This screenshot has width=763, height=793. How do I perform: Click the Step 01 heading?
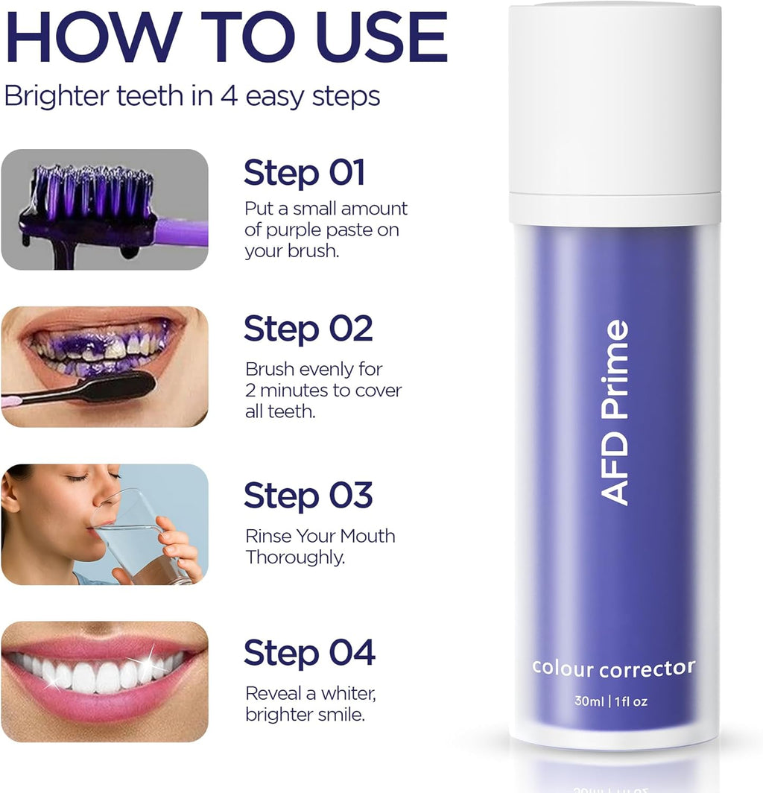(x=304, y=173)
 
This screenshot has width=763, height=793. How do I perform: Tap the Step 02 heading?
(x=308, y=329)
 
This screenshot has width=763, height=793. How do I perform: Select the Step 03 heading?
(x=308, y=496)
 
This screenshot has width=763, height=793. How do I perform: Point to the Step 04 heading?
(x=309, y=653)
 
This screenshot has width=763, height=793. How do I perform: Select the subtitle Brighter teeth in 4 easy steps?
(x=192, y=96)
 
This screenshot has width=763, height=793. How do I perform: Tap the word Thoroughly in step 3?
(x=295, y=557)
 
